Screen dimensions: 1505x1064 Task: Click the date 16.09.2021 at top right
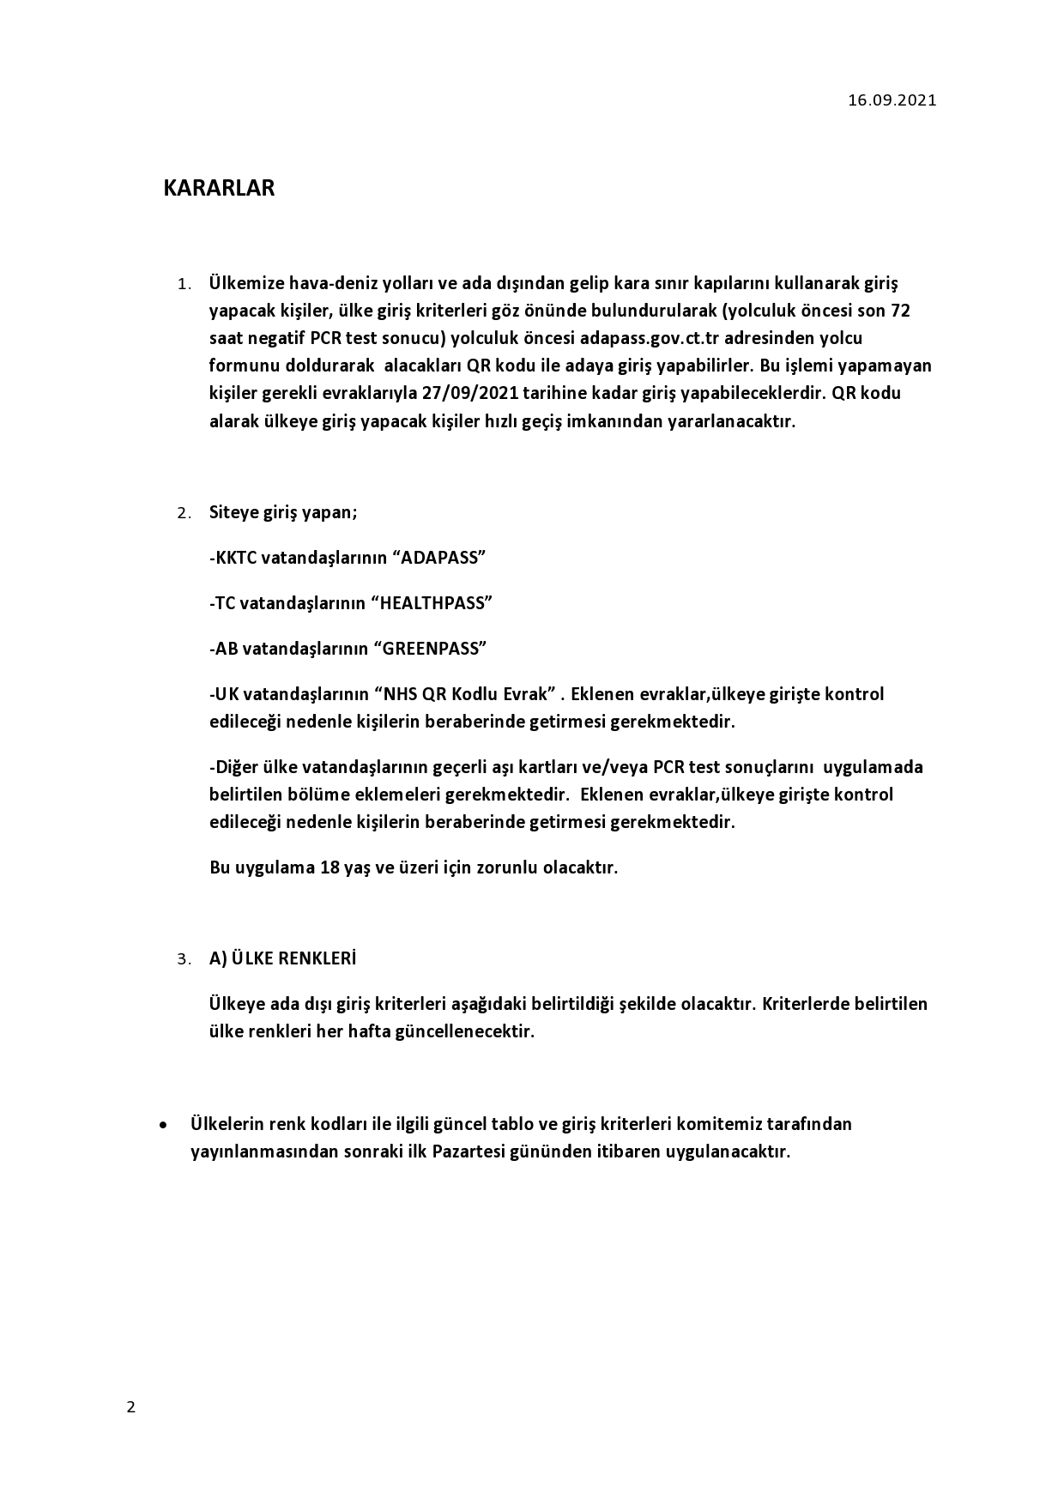pyautogui.click(x=892, y=100)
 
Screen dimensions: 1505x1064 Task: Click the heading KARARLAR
pyautogui.click(x=219, y=189)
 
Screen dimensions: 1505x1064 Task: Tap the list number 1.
pyautogui.click(x=183, y=284)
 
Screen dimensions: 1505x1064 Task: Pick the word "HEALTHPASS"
pyautogui.click(x=432, y=603)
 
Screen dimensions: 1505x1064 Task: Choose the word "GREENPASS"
pyautogui.click(x=430, y=649)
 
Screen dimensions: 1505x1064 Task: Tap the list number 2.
pyautogui.click(x=183, y=514)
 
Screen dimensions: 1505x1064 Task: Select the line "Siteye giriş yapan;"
pyautogui.click(x=283, y=513)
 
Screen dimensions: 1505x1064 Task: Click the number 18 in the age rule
pyautogui.click(x=330, y=867)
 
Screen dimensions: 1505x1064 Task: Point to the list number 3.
pyautogui.click(x=183, y=960)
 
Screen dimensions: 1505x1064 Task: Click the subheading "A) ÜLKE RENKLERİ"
pyautogui.click(x=282, y=959)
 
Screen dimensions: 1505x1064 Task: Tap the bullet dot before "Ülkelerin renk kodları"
pyautogui.click(x=162, y=1125)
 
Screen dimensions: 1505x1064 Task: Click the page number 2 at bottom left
pyautogui.click(x=130, y=1407)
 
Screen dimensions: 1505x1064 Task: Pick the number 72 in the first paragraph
pyautogui.click(x=900, y=311)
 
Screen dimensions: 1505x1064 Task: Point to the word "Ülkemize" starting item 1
pyautogui.click(x=246, y=283)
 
